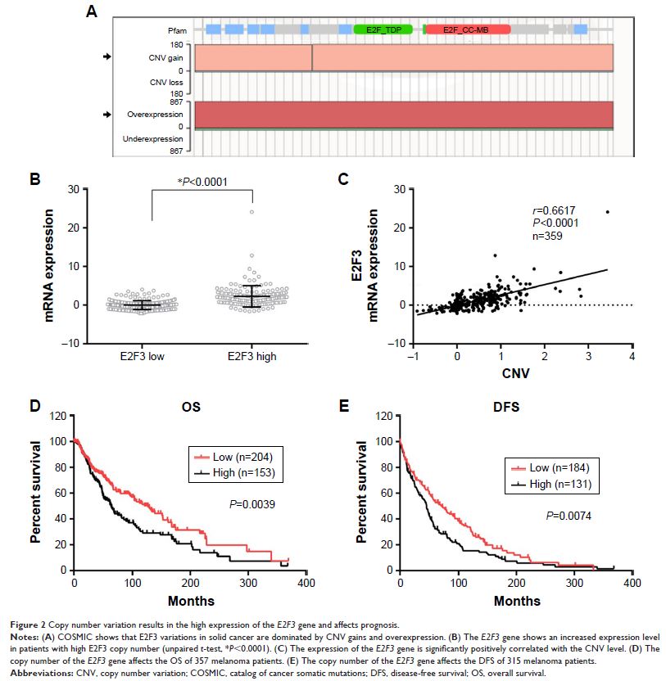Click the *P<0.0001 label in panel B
point(202,181)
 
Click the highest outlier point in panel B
point(252,212)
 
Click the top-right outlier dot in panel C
point(608,212)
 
